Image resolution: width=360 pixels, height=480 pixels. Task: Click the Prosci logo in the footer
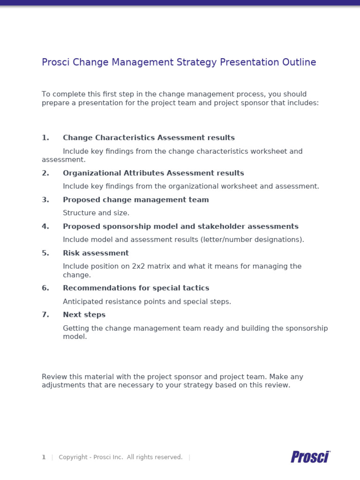310,457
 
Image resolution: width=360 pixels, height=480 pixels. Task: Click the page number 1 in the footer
44,457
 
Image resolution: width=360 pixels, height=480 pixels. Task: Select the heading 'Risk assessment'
96,253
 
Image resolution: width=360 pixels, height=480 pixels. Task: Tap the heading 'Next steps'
84,315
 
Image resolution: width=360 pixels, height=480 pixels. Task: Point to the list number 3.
45,200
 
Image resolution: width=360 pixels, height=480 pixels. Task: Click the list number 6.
45,288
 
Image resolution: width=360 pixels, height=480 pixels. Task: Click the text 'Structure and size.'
96,213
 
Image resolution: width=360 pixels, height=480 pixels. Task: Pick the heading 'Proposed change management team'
135,200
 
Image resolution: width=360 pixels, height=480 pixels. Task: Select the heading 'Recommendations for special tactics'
136,288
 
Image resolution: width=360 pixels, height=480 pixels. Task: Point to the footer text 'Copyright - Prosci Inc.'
91,457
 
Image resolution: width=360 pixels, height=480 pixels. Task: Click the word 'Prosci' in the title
54,62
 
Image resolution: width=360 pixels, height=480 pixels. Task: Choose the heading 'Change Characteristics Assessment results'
149,138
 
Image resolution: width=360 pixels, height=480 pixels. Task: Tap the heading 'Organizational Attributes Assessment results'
153,173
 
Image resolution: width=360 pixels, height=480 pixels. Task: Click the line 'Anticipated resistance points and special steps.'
147,301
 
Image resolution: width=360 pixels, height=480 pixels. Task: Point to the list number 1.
45,138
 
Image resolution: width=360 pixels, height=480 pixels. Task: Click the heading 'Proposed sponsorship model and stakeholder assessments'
180,226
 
